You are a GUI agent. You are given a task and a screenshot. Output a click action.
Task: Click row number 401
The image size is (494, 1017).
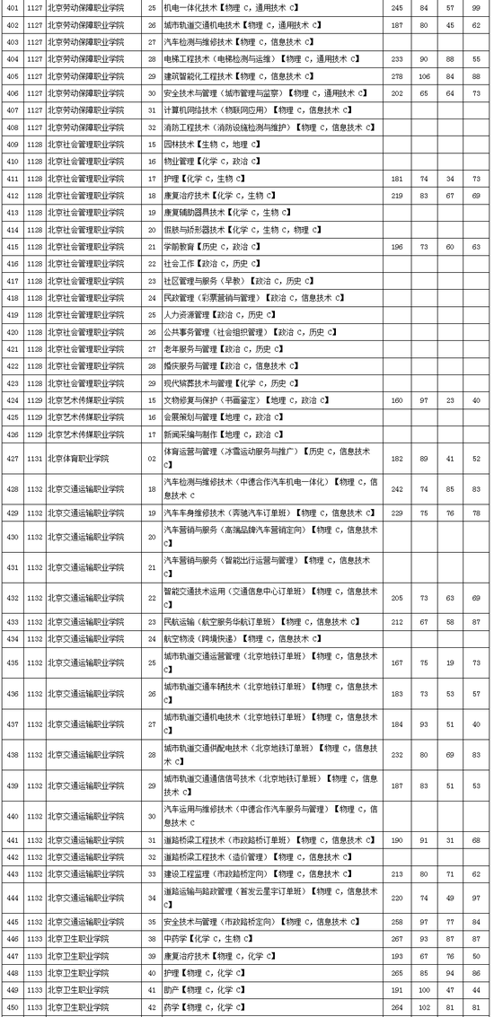[x=13, y=7]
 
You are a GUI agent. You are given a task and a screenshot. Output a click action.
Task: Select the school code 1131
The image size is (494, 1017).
[x=34, y=459]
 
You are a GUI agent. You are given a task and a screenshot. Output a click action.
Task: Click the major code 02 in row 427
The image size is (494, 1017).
[x=151, y=459]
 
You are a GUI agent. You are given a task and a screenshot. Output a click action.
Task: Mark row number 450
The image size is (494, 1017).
[x=13, y=1007]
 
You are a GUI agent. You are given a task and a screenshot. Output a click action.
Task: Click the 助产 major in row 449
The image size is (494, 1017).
[x=198, y=990]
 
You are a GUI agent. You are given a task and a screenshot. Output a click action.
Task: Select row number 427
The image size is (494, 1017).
[x=13, y=459]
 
